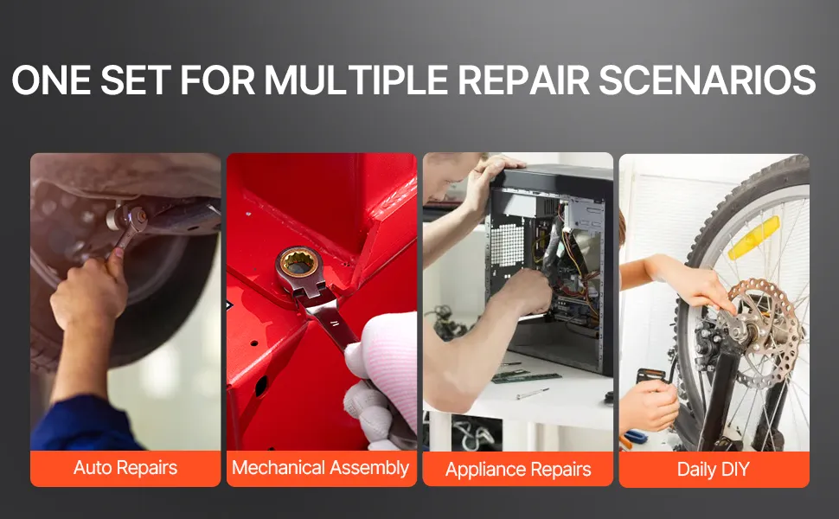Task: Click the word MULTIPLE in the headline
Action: (x=355, y=80)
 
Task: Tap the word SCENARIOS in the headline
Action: (x=707, y=80)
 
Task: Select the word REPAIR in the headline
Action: (x=522, y=80)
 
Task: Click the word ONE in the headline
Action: (x=51, y=80)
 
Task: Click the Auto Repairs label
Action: (x=125, y=468)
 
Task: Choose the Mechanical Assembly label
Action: (x=321, y=468)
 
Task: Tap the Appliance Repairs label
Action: (x=518, y=469)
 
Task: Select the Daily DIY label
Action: (x=714, y=469)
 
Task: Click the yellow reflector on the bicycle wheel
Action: (x=753, y=238)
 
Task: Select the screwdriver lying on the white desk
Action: (x=532, y=394)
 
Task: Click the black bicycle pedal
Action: (x=651, y=376)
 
